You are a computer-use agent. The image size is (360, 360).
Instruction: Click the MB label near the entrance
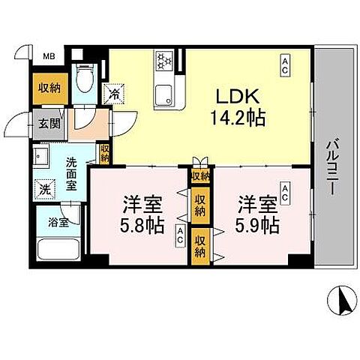tap(47, 55)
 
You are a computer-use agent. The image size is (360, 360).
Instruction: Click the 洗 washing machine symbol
tap(46, 189)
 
